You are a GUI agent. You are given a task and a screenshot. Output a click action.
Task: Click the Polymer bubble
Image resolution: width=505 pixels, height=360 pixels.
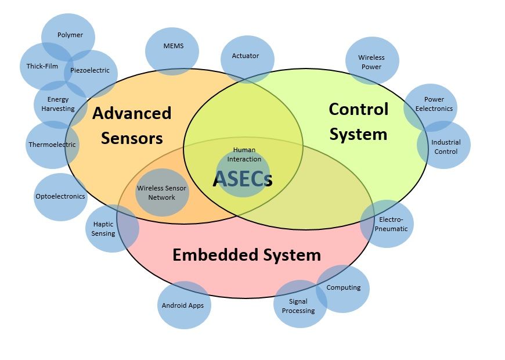(70, 35)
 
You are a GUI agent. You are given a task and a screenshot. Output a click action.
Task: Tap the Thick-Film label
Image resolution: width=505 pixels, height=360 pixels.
(42, 66)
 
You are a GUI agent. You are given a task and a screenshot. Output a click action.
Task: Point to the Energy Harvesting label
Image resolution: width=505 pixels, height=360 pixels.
(58, 104)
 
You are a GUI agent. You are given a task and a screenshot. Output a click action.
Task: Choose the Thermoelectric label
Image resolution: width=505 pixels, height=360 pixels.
(52, 145)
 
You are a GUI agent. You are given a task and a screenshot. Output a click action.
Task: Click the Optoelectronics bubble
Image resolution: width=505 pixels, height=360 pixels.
(60, 196)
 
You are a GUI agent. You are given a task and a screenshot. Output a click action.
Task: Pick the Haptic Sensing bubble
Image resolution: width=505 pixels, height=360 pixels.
(104, 229)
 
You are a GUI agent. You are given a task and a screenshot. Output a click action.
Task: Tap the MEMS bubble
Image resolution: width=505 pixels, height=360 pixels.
(173, 46)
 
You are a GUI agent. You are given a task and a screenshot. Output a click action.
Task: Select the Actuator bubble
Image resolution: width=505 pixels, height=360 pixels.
(246, 56)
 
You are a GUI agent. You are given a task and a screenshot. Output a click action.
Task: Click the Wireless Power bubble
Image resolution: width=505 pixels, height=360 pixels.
(371, 62)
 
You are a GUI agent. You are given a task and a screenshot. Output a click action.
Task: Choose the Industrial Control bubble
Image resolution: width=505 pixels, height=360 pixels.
(446, 147)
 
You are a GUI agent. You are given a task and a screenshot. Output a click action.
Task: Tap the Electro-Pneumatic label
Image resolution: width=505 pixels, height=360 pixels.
(393, 224)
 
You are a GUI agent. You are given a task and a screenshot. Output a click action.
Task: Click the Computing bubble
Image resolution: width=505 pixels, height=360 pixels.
(344, 287)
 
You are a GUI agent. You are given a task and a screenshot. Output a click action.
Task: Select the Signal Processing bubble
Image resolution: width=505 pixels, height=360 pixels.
(298, 306)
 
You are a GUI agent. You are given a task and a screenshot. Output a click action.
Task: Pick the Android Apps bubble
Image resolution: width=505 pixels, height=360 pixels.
(183, 305)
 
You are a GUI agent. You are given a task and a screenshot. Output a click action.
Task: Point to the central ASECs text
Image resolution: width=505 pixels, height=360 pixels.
(243, 179)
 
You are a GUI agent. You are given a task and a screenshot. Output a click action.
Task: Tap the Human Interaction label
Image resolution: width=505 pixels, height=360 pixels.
(244, 154)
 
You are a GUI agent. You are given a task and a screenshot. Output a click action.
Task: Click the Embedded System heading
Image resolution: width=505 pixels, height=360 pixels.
(247, 254)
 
